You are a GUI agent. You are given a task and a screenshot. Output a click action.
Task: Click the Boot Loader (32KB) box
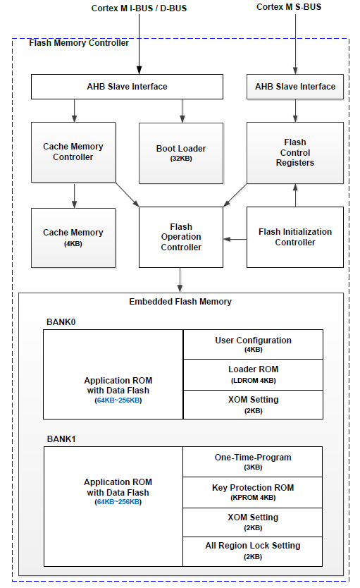[x=181, y=153]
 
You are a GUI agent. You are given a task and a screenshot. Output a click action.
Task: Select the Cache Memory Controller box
[x=73, y=152]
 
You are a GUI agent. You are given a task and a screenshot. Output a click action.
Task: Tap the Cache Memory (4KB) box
[x=73, y=238]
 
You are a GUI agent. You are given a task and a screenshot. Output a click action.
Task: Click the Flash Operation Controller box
[x=181, y=237]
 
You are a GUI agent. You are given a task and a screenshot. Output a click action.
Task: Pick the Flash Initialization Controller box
[x=295, y=237]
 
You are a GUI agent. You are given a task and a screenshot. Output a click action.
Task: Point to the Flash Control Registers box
[x=295, y=152]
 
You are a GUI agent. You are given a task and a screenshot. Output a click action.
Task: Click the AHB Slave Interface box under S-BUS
[x=295, y=87]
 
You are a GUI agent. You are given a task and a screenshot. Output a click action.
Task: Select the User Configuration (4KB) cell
[x=253, y=344]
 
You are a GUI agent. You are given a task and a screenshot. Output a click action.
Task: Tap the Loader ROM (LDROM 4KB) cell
[x=253, y=374]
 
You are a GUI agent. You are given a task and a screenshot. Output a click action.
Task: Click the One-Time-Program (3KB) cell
[x=253, y=462]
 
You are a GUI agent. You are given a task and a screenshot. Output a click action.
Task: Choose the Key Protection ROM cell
[x=253, y=492]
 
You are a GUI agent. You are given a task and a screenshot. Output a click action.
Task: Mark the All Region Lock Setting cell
[x=253, y=551]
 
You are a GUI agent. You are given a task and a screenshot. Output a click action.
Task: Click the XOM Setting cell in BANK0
[x=253, y=405]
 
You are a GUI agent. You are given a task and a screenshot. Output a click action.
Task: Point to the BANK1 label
[x=61, y=439]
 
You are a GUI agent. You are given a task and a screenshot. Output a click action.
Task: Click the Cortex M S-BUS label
[x=289, y=7]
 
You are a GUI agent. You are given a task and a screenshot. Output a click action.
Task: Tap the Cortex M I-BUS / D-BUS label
[x=139, y=8]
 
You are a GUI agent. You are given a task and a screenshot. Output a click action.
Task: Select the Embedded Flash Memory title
[x=180, y=302]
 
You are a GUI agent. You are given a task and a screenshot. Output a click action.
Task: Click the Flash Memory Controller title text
[x=79, y=43]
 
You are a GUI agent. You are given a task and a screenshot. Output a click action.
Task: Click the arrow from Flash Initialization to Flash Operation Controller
[x=235, y=239]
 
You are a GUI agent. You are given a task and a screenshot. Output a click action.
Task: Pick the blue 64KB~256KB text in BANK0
[x=118, y=400]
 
